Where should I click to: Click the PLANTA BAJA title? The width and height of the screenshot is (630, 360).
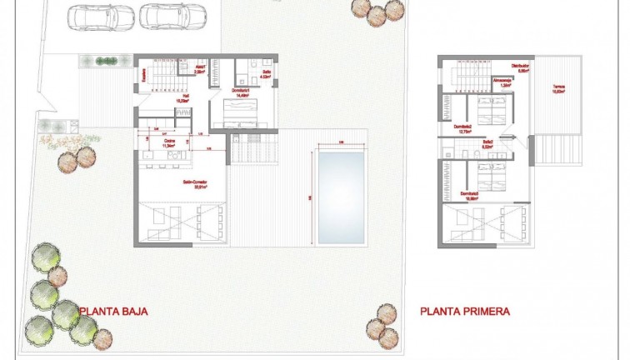pos(113,312)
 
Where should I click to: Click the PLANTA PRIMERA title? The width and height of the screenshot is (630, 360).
pos(464,312)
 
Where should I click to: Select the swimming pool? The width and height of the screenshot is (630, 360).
pos(341,195)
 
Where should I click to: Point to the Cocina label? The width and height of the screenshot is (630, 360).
pos(169,142)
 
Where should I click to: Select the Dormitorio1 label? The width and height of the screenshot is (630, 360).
pos(242,93)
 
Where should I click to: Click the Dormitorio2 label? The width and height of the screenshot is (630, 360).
pos(465,128)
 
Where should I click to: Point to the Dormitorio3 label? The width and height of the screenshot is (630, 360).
pos(468,196)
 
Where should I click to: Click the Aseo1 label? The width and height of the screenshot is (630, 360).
pos(200,69)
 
